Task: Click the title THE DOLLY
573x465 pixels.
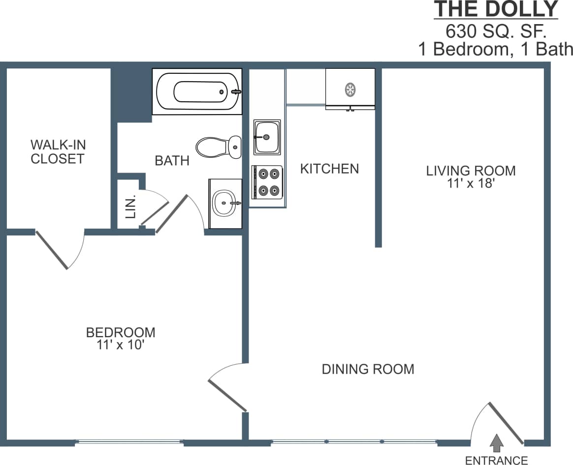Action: coord(496,9)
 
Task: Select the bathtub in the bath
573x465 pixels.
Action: coord(197,91)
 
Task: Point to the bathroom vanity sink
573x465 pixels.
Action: coord(225,203)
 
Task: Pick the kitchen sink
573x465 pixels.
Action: coord(267,137)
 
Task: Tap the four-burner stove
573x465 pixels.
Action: coord(268,182)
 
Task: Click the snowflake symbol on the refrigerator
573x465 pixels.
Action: coord(350,89)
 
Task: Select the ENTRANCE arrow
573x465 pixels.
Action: coord(497,442)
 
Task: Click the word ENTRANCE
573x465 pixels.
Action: coord(496,460)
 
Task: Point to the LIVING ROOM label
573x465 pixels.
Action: coord(471,171)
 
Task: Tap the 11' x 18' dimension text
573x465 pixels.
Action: coord(471,184)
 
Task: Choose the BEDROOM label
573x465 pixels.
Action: coord(121,332)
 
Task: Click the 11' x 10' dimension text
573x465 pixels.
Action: coord(121,345)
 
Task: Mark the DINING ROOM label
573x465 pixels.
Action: coord(368,369)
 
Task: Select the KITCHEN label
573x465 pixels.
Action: coord(329,169)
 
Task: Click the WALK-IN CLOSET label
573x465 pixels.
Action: coord(58,151)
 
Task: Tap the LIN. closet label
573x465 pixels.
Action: coord(130,207)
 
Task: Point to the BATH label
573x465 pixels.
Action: coord(172,160)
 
